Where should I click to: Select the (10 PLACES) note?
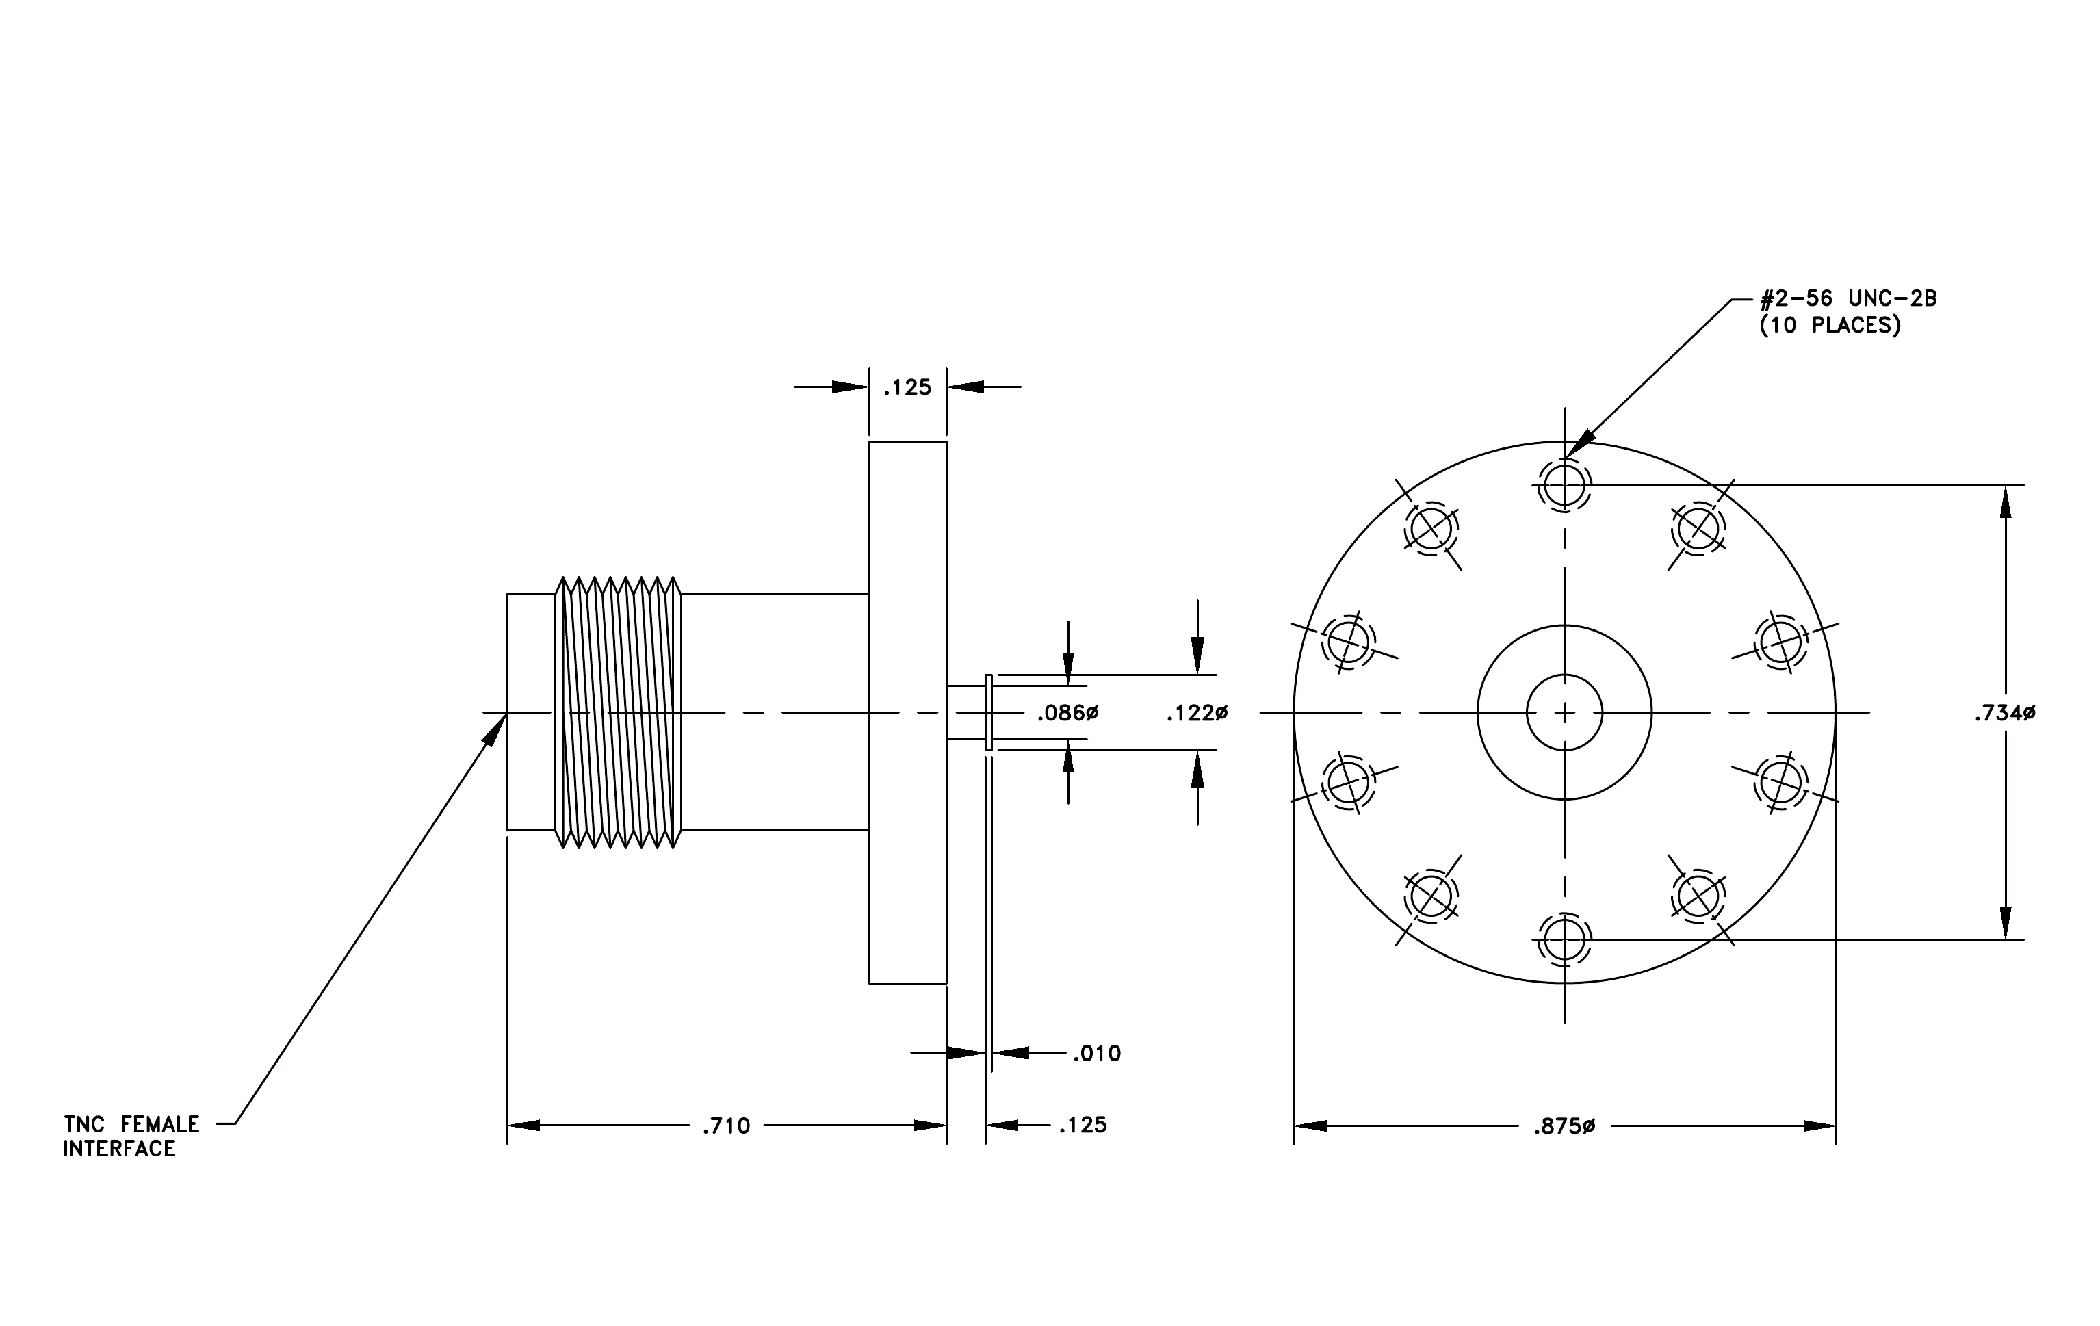click(1830, 325)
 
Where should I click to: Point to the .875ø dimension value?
click(1564, 1126)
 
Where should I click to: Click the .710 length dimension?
click(727, 1126)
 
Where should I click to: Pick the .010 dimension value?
click(1097, 1054)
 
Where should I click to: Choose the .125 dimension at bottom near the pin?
click(1083, 1126)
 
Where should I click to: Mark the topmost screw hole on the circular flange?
click(1564, 484)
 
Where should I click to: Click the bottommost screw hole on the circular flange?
click(1564, 940)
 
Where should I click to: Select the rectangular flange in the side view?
click(908, 712)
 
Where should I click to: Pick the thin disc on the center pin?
click(988, 712)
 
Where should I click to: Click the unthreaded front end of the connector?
click(531, 712)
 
